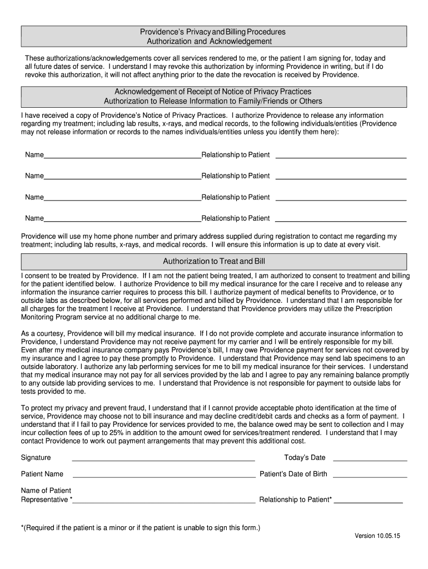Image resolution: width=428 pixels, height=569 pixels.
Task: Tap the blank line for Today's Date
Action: click(x=370, y=460)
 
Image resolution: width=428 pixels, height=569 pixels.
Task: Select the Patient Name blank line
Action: click(x=164, y=477)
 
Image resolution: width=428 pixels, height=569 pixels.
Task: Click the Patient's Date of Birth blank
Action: click(x=370, y=477)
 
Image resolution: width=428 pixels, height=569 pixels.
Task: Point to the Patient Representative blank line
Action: click(x=164, y=502)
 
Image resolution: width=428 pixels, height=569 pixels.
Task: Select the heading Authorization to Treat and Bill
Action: click(x=213, y=261)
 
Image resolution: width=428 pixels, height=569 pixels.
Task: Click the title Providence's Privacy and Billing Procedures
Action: click(x=213, y=32)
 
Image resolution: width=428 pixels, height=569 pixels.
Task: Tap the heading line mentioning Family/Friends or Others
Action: click(x=213, y=101)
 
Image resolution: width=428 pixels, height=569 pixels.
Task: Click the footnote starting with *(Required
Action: click(x=140, y=527)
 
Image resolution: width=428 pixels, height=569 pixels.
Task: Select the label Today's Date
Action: click(x=305, y=458)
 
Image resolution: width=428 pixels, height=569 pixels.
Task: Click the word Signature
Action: click(x=36, y=458)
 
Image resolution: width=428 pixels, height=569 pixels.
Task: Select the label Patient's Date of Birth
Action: click(x=293, y=475)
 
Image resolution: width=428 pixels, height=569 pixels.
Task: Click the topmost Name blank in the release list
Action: click(x=122, y=157)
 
